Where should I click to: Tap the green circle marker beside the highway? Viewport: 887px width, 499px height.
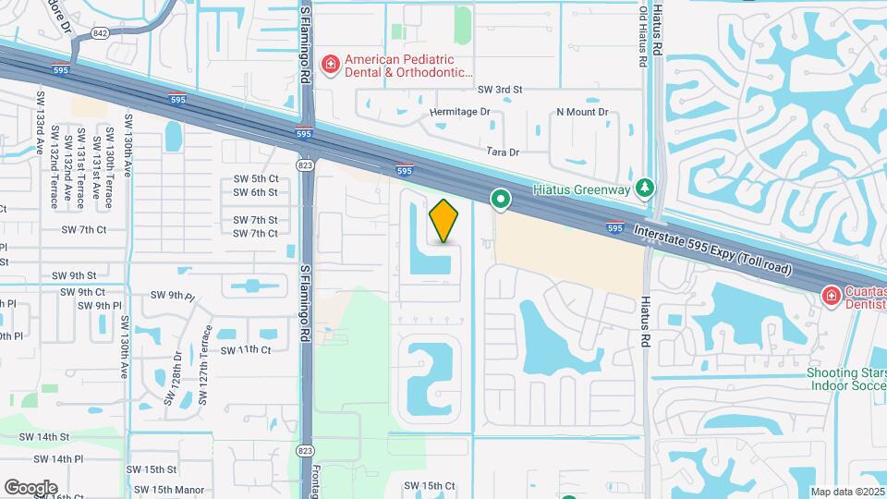(x=501, y=199)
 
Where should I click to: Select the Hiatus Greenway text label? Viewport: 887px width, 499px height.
(x=581, y=189)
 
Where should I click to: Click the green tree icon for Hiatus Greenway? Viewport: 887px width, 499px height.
(x=647, y=189)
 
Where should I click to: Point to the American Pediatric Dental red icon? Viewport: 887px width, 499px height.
(x=329, y=64)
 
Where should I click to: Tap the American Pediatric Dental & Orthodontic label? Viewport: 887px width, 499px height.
(x=407, y=64)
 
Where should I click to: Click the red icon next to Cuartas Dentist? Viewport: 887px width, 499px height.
(x=831, y=296)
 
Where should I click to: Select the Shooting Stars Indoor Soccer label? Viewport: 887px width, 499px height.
(x=844, y=380)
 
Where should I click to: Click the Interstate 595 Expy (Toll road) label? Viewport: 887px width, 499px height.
(x=712, y=248)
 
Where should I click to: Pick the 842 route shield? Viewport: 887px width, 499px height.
(x=101, y=33)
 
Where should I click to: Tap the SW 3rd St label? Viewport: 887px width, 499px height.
(x=500, y=90)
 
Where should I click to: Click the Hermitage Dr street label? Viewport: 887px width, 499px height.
(x=460, y=112)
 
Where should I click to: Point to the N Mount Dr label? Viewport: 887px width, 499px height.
(x=582, y=112)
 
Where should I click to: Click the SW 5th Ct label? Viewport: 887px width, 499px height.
(x=256, y=178)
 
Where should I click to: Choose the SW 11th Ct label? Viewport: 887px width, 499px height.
(x=246, y=350)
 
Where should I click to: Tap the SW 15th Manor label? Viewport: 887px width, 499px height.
(x=168, y=490)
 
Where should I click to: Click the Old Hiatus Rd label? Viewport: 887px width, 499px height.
(x=644, y=34)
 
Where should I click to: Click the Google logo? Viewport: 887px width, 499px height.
(x=30, y=487)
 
